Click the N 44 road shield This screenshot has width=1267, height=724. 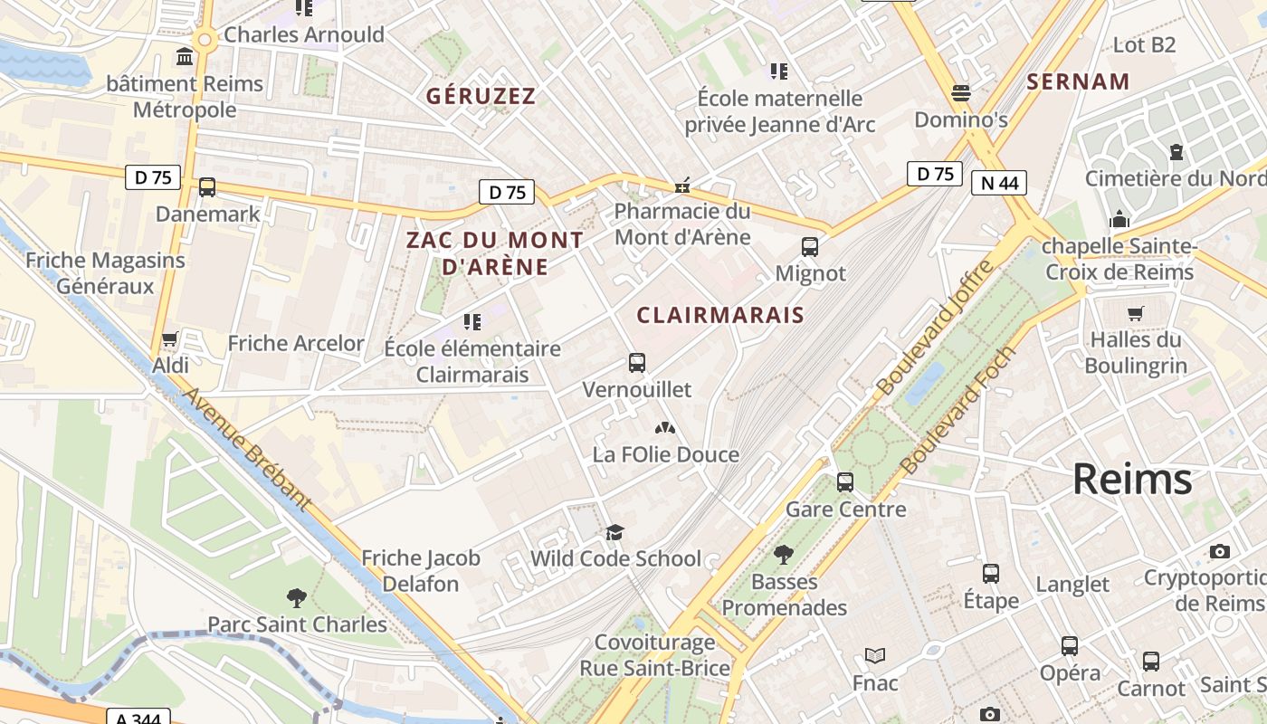click(1000, 184)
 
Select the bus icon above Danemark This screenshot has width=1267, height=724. click(207, 187)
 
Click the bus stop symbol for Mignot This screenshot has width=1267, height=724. click(810, 247)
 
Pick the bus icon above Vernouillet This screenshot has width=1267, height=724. click(637, 363)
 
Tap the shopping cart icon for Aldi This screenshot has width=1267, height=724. click(169, 339)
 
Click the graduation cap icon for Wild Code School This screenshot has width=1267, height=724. click(615, 531)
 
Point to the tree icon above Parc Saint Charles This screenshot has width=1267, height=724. click(296, 597)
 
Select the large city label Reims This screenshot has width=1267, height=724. click(1132, 480)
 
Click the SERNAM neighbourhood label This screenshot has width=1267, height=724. click(1078, 81)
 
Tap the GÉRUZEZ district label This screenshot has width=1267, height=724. click(481, 96)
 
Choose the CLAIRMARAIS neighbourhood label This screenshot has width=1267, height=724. click(720, 315)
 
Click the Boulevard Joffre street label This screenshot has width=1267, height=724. click(935, 327)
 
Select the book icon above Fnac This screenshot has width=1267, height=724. click(875, 656)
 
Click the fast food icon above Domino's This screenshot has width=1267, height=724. click(961, 93)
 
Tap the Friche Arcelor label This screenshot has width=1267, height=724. click(296, 343)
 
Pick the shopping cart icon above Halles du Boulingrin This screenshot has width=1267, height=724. click(1136, 313)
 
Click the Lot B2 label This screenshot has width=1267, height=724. click(1144, 44)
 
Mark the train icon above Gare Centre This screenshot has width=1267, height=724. click(845, 482)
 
